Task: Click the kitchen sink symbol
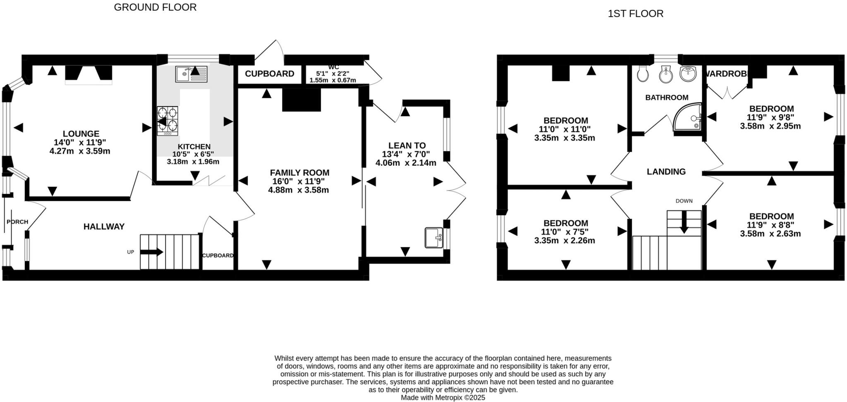pos(191,74)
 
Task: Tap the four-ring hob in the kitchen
pos(167,121)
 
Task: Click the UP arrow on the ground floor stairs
pos(152,252)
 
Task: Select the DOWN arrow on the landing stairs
pos(684,222)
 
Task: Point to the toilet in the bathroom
pos(643,74)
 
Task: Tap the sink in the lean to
pos(434,238)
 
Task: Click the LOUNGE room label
pos(81,134)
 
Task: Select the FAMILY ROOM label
pos(299,173)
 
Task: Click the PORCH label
pos(17,222)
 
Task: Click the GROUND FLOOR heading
pos(155,7)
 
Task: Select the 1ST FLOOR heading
pos(635,14)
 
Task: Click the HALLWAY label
pos(104,226)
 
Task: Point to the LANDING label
pos(666,171)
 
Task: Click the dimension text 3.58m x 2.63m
pos(770,234)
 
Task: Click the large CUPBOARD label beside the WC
pos(269,74)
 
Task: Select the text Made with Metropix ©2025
pos(443,397)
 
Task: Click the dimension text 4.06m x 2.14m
pos(406,163)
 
